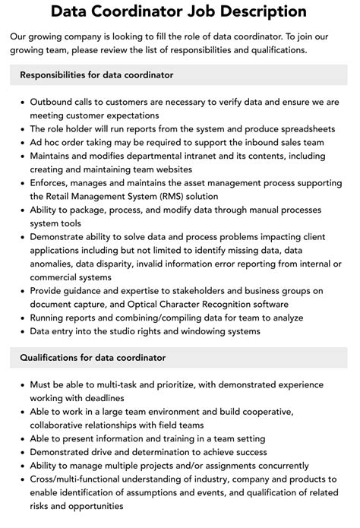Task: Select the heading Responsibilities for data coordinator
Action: point(97,75)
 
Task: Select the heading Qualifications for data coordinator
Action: point(93,357)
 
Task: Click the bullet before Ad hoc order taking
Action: point(22,142)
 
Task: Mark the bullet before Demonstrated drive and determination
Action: point(22,452)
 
